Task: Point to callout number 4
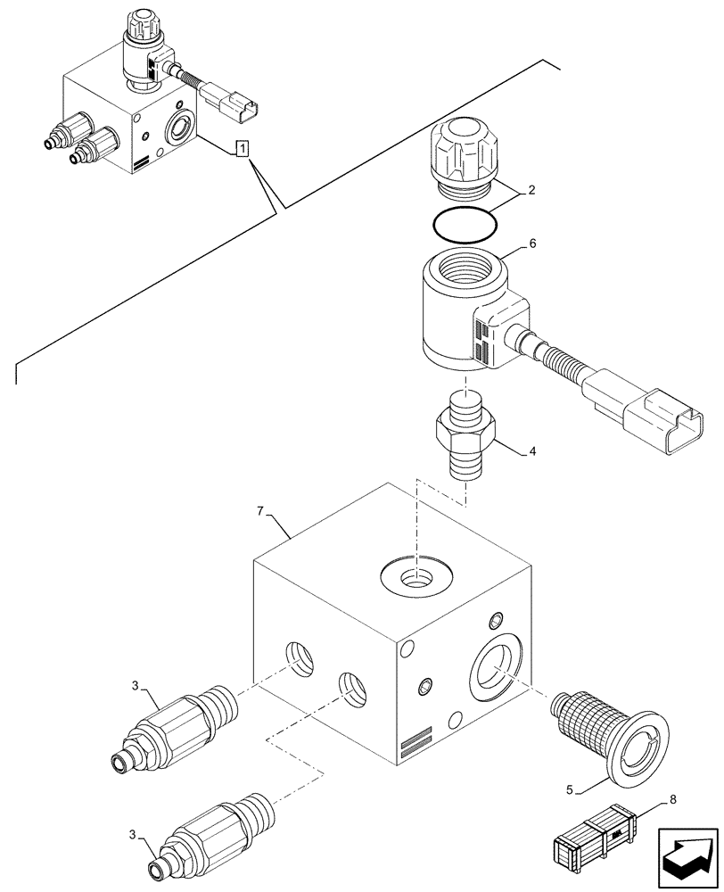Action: coord(532,452)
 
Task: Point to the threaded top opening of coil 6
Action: coord(463,268)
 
